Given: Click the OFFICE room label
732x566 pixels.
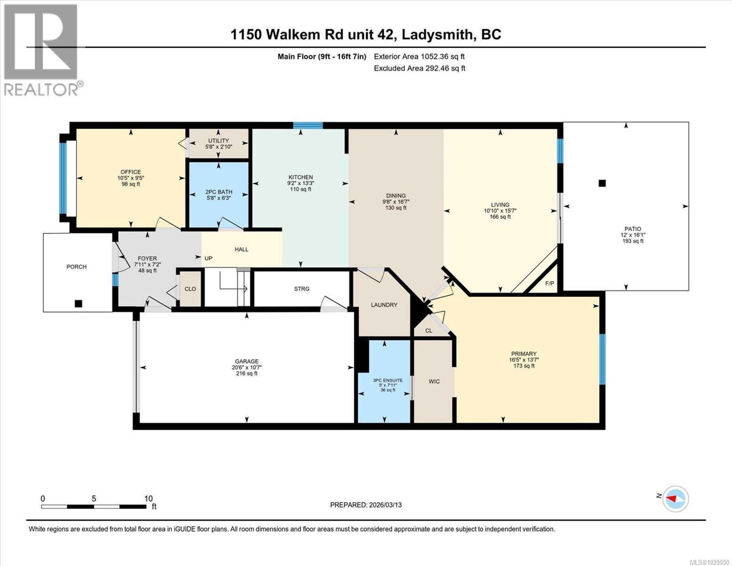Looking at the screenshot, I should [131, 172].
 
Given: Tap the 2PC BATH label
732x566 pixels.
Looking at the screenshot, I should [219, 192].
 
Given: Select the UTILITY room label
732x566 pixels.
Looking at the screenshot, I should [219, 141].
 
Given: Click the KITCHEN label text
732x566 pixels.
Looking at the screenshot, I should [301, 177].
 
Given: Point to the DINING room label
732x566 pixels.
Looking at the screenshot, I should [395, 196].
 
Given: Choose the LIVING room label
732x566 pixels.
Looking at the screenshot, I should [500, 205].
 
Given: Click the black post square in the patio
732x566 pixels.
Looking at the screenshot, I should [602, 183].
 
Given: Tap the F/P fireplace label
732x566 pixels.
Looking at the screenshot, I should [550, 283].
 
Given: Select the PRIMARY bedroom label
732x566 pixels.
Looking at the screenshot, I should [524, 354].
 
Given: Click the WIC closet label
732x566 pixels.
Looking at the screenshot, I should [434, 381].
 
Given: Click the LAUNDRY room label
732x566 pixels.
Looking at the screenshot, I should [384, 305].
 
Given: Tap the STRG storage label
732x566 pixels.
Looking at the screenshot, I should [302, 289].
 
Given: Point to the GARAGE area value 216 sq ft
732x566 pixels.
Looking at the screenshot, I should [247, 374].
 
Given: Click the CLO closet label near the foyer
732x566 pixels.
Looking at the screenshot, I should [190, 289].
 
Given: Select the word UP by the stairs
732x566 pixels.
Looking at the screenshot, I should [208, 258].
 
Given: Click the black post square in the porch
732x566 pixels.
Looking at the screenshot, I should [79, 304].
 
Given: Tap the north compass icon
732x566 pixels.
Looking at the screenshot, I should [675, 499].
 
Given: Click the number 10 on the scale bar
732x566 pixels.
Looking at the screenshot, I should [148, 499].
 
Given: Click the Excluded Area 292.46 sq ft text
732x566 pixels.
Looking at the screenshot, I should [419, 68].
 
